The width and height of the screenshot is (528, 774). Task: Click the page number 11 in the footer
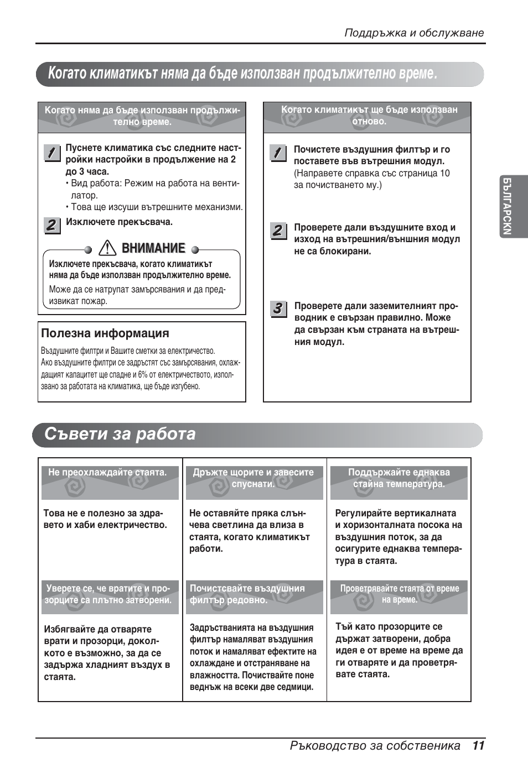[x=479, y=745]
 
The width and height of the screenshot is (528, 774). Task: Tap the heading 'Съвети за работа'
[x=120, y=434]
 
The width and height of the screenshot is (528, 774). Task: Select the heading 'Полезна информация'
[x=105, y=333]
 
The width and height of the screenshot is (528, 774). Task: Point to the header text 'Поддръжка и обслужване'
[x=414, y=33]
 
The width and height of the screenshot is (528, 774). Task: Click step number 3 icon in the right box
[x=278, y=308]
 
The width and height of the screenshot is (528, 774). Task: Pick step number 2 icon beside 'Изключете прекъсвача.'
[x=51, y=225]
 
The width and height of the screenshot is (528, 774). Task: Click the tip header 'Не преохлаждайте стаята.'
[x=107, y=473]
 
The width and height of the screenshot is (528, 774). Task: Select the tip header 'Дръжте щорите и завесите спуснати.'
[x=253, y=478]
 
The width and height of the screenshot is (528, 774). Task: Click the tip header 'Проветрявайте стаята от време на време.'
[x=399, y=594]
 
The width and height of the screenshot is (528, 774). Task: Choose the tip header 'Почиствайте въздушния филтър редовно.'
[x=247, y=594]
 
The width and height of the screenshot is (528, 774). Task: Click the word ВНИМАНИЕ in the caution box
[x=153, y=248]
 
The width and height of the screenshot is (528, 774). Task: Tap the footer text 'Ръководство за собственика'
[x=375, y=745]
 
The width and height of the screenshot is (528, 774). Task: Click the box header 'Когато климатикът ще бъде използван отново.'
[x=369, y=116]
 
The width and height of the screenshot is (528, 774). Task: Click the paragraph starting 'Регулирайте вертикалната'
[x=398, y=537]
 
